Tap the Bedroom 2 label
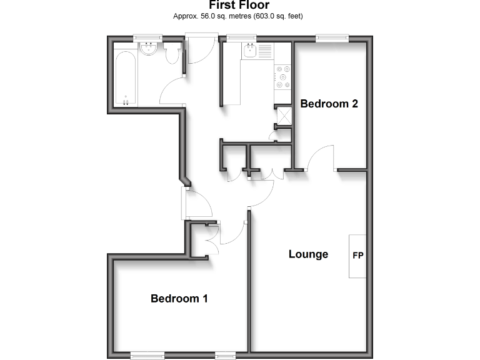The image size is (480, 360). point(329,104)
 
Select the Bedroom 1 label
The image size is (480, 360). point(179,299)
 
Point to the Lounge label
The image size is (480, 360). point(308,254)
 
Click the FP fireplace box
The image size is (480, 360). point(358,256)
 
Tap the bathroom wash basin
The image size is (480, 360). point(149,51)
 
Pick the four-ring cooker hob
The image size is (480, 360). point(282,76)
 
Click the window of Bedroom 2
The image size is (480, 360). point(332,38)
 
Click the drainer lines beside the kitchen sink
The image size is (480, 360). point(266,51)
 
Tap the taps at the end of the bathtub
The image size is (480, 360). point(126,101)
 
